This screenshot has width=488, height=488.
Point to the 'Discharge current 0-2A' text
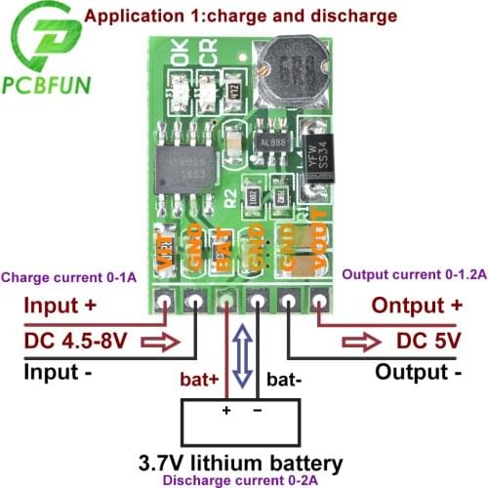coord(254,479)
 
